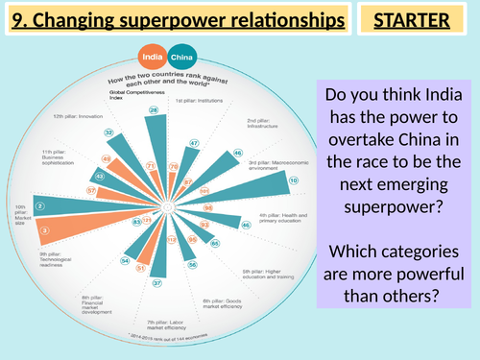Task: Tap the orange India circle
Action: pos(152,56)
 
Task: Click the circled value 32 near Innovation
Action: pos(109,132)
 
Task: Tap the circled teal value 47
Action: pos(193,144)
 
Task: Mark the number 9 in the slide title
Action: pos(14,18)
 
